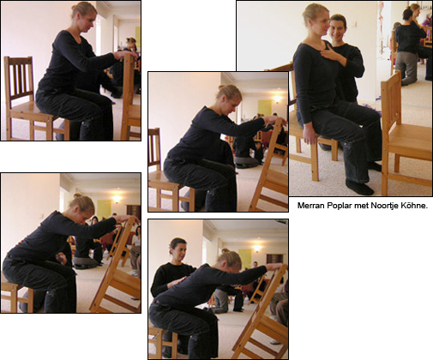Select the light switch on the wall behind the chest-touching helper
tap(355, 24)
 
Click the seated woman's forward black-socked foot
tap(358, 187)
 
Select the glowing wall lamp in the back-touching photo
tap(257, 248)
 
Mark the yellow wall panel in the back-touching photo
tap(245, 258)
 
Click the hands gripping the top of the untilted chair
tap(125, 54)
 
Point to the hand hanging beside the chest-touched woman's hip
tap(310, 135)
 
